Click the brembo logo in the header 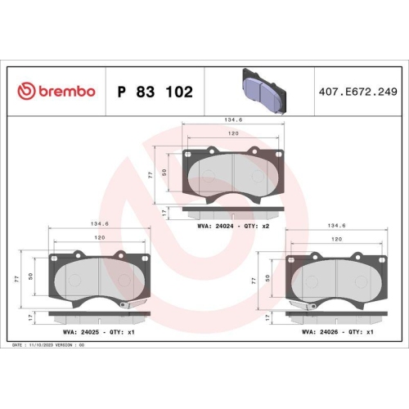(56, 91)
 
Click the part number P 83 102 (155, 92)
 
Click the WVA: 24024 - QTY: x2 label (233, 224)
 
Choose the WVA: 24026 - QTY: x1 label (337, 331)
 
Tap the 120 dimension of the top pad (233, 133)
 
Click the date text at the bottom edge (49, 346)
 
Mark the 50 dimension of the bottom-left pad (30, 276)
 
